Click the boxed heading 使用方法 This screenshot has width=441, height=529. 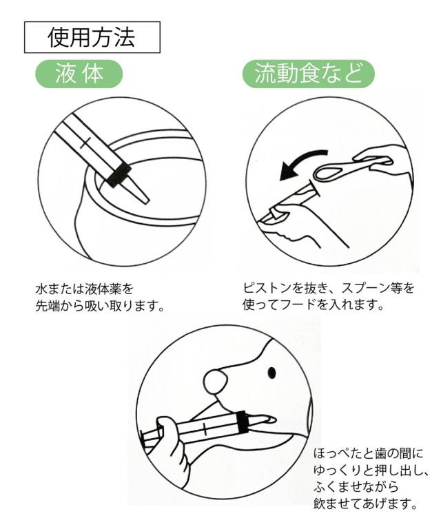pyautogui.click(x=92, y=37)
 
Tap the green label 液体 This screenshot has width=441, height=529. pyautogui.click(x=79, y=74)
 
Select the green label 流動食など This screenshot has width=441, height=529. pyautogui.click(x=309, y=74)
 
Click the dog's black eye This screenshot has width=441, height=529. pyautogui.click(x=271, y=373)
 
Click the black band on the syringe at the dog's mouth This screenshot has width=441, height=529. pyautogui.click(x=242, y=422)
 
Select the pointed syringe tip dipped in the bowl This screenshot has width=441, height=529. pyautogui.click(x=139, y=191)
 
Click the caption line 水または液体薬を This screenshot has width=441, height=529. pyautogui.click(x=84, y=289)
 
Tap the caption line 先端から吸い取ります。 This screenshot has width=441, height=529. pyautogui.click(x=100, y=306)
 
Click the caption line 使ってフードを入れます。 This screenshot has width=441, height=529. pyautogui.click(x=314, y=305)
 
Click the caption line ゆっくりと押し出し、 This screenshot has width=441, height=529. pyautogui.click(x=371, y=470)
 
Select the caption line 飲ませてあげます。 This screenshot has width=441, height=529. pyautogui.click(x=366, y=504)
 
